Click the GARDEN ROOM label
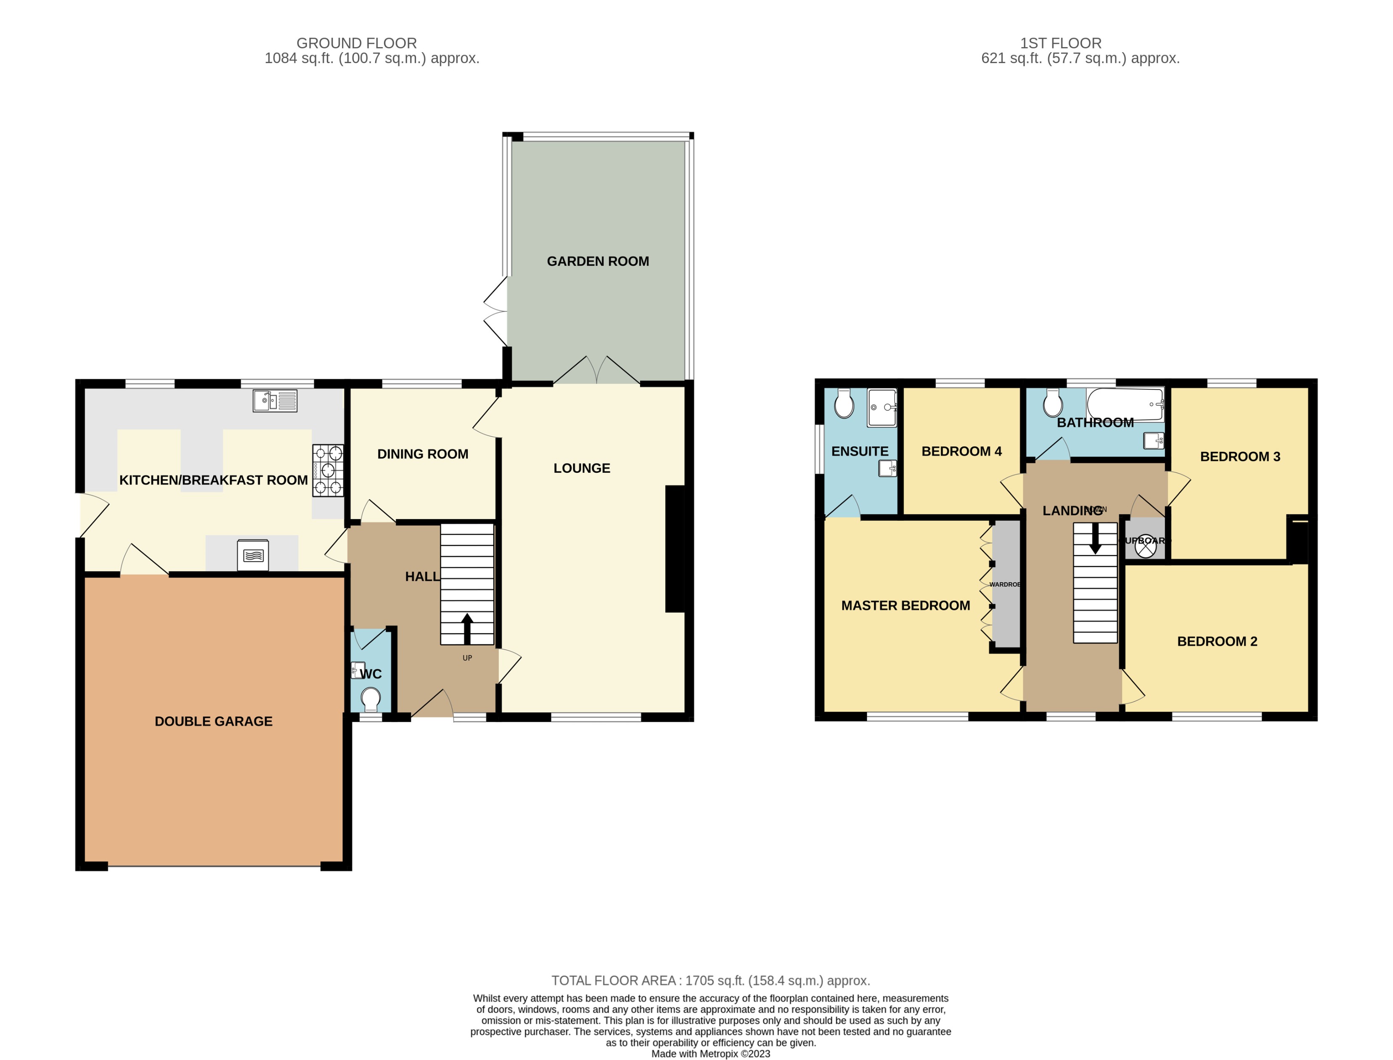pos(597,261)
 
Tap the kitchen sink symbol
pos(274,400)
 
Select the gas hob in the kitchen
pos(328,471)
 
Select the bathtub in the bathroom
pos(1125,404)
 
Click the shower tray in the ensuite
pos(882,408)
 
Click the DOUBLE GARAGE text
pos(213,721)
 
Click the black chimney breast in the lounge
pos(675,549)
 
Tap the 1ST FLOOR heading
pos(1061,43)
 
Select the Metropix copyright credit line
pos(710,1053)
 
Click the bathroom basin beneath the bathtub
pos(1154,440)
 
